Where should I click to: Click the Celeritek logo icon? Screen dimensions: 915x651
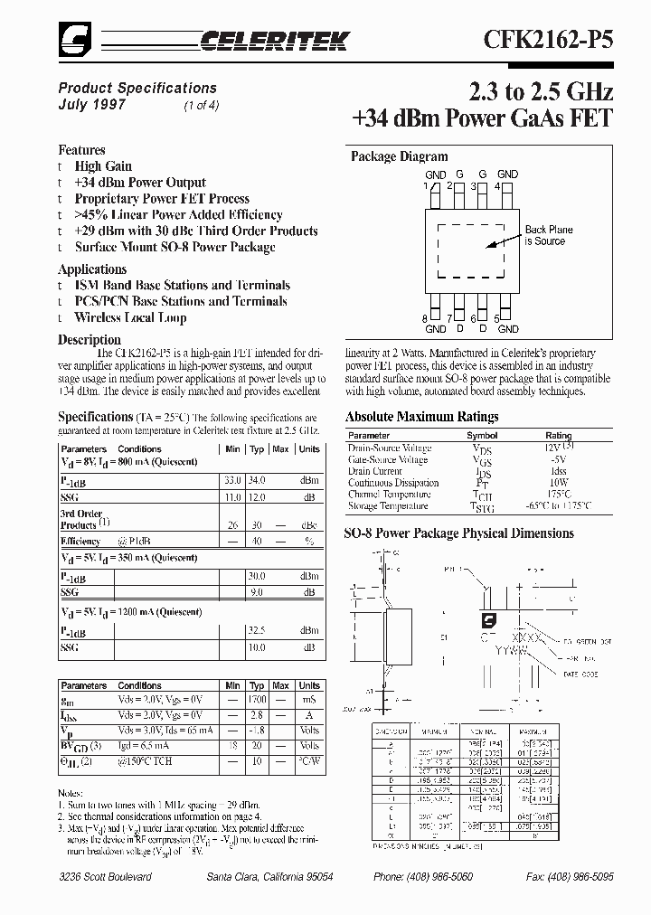(x=72, y=37)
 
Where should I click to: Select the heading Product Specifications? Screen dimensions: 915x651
(x=137, y=88)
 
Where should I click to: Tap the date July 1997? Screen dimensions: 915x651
(x=92, y=104)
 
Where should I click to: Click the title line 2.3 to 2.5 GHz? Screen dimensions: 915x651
(x=541, y=91)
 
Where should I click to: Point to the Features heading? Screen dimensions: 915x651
(x=81, y=150)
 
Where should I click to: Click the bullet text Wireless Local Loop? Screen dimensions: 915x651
(x=130, y=318)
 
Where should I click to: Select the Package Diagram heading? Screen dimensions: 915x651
(x=399, y=156)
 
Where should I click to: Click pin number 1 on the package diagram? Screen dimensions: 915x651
(x=424, y=185)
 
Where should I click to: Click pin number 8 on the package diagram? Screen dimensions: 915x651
(x=424, y=318)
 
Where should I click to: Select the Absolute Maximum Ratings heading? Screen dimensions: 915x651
(x=421, y=417)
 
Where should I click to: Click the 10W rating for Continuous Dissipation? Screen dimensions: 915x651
(x=558, y=483)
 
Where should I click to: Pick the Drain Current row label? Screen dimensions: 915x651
(x=374, y=471)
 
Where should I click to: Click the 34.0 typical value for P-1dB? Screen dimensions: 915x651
(x=258, y=480)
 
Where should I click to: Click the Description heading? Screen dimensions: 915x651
(x=90, y=340)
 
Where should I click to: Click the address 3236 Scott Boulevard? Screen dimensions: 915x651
(x=105, y=877)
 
